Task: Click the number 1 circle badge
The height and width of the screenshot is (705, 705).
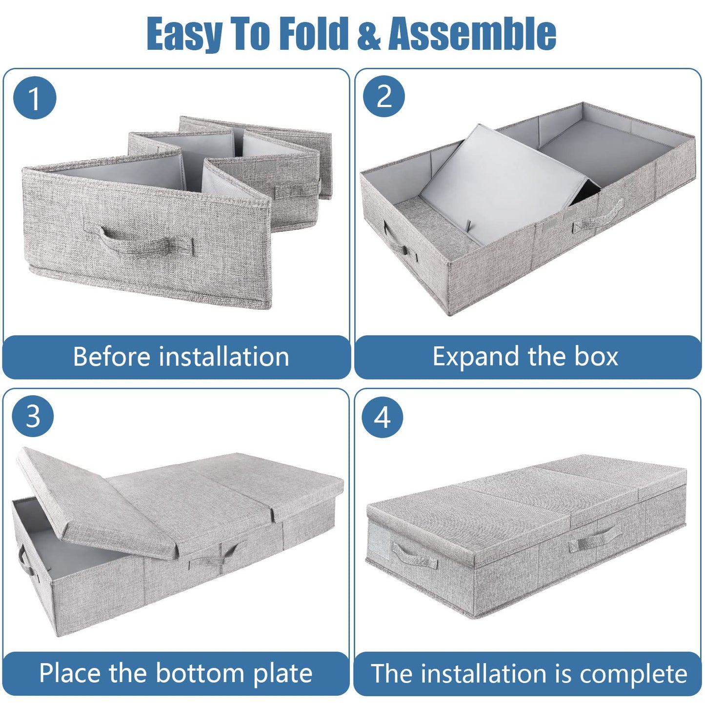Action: click(x=35, y=98)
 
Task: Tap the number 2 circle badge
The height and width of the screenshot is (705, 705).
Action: click(x=384, y=96)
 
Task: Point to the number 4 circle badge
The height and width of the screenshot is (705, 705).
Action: click(x=383, y=417)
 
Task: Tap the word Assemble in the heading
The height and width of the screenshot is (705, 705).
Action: click(x=472, y=34)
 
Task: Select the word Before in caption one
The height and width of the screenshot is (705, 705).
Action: click(x=111, y=357)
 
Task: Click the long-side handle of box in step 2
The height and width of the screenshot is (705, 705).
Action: click(x=598, y=218)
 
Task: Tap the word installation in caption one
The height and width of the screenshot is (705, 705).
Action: click(x=224, y=357)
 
